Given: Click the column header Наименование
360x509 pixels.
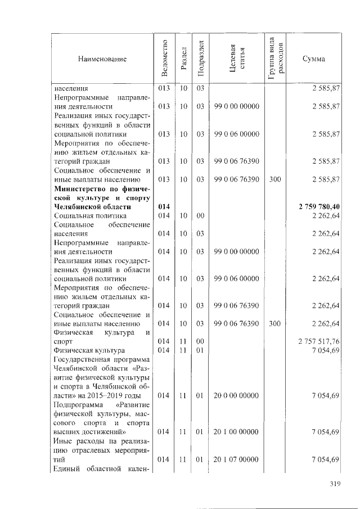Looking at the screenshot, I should point(103,58).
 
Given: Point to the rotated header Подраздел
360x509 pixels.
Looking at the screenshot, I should point(199,58).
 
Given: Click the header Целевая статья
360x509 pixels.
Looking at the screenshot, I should point(236,58).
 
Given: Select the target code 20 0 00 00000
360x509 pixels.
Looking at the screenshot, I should point(236,396).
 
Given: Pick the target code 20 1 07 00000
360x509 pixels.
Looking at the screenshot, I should point(236,460).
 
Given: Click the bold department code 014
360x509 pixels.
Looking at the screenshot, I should point(164,206).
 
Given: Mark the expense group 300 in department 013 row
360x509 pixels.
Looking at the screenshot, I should point(275,179).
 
